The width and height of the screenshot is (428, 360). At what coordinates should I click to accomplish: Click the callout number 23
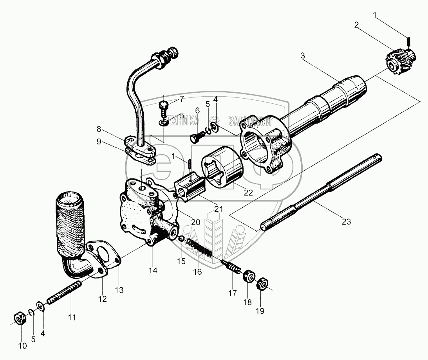click(346, 221)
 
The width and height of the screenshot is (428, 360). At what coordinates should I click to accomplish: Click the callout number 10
click(22, 346)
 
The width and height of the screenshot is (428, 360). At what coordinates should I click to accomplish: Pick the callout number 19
click(260, 311)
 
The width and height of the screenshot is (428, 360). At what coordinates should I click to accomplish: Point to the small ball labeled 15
click(181, 239)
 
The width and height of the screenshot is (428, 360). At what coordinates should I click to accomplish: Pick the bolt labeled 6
click(195, 137)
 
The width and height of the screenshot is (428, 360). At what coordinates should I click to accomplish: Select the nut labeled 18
click(248, 277)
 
